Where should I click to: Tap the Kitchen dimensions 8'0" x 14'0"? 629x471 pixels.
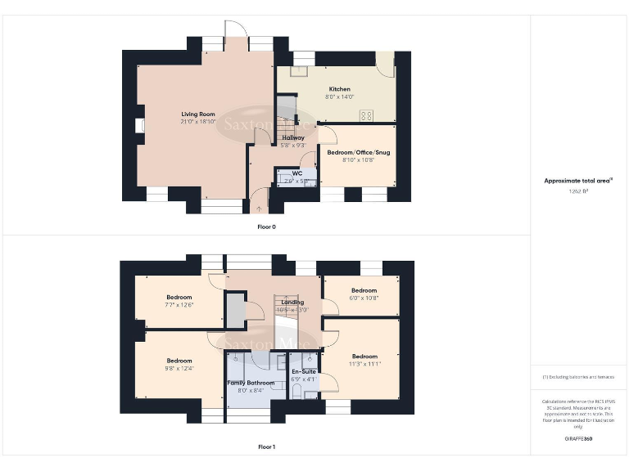coord(340,97)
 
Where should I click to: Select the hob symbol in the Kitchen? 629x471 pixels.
coord(365,115)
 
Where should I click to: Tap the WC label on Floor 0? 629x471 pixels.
coord(284,173)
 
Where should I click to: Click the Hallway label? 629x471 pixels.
coord(293,137)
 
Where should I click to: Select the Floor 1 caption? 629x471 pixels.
coord(266,447)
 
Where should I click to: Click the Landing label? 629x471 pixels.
coord(292,302)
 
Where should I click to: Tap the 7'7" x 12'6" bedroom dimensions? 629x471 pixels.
coord(179,305)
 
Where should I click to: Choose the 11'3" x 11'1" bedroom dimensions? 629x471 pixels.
coord(364,365)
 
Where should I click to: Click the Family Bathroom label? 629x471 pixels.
coord(251,383)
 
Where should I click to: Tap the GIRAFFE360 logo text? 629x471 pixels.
coord(578,439)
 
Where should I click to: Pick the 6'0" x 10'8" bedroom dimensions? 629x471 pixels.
coord(364,298)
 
